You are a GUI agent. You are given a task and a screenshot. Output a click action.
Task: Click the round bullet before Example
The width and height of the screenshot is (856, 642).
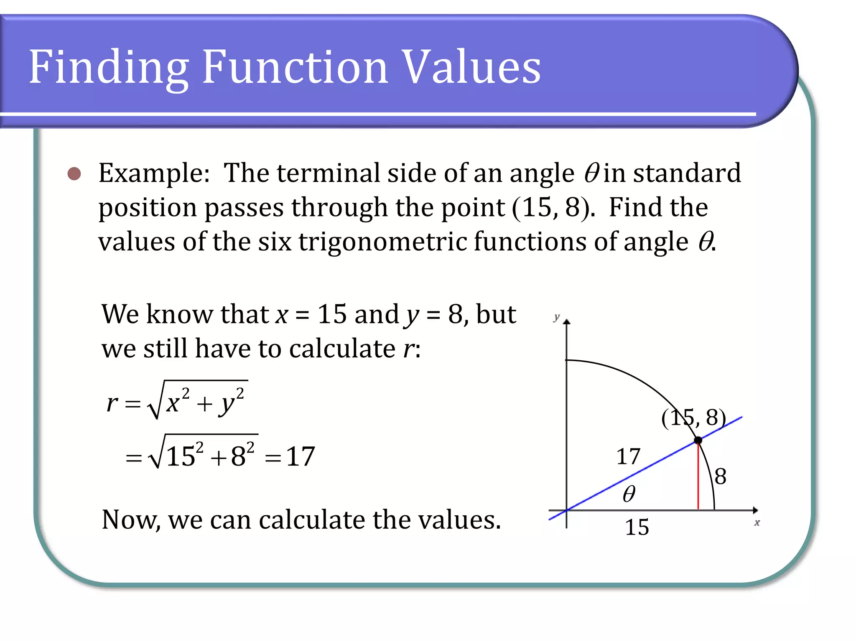[74, 173]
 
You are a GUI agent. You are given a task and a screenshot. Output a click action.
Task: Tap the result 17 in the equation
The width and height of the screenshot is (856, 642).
[300, 456]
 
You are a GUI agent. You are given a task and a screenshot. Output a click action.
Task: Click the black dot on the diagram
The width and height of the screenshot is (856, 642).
[698, 440]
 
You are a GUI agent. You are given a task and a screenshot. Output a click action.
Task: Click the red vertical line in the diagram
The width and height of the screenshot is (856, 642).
[698, 476]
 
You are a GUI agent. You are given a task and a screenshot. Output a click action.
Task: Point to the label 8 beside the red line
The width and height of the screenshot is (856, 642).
[721, 476]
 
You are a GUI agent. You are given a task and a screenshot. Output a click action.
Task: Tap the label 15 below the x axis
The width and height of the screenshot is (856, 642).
[637, 527]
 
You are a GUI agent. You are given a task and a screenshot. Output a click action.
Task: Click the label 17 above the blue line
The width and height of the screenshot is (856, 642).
[628, 456]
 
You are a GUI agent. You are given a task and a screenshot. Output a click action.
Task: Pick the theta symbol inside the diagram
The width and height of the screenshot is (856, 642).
[629, 494]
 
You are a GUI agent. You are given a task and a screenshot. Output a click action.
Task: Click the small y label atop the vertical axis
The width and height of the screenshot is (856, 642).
[556, 317]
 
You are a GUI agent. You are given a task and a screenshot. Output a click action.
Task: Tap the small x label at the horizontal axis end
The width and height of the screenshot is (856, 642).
[757, 523]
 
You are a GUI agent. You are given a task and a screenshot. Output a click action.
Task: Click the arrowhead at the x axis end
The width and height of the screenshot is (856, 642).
[755, 510]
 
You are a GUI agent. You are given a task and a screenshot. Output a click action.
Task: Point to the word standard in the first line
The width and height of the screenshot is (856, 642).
[687, 173]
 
